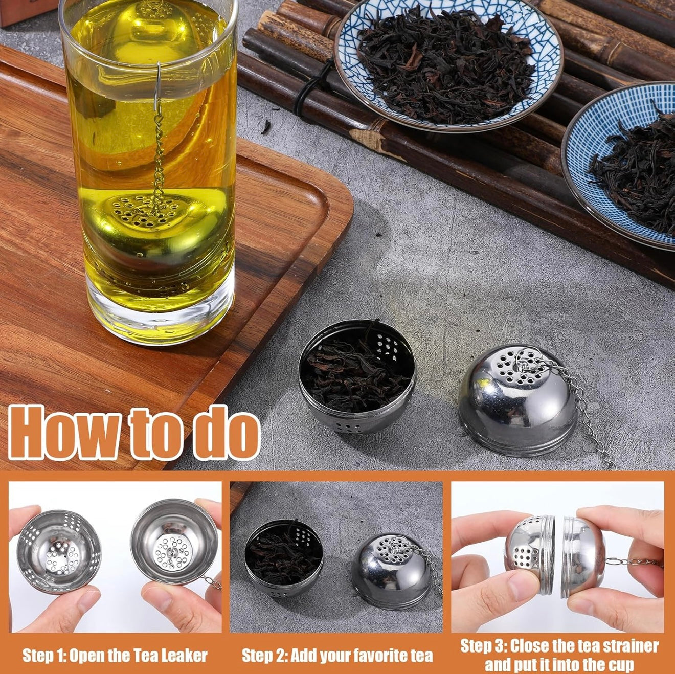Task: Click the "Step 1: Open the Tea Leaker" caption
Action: pos(115,645)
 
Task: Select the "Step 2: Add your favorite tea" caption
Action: pos(337,645)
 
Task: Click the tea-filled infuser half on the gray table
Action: pos(356,376)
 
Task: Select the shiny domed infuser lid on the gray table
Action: pos(517,400)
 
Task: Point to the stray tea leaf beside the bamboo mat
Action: pos(266,127)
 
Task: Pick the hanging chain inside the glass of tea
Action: pos(159,158)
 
